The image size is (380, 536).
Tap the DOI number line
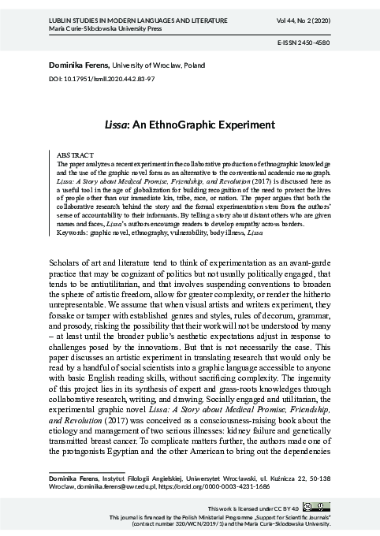tap(101, 80)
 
